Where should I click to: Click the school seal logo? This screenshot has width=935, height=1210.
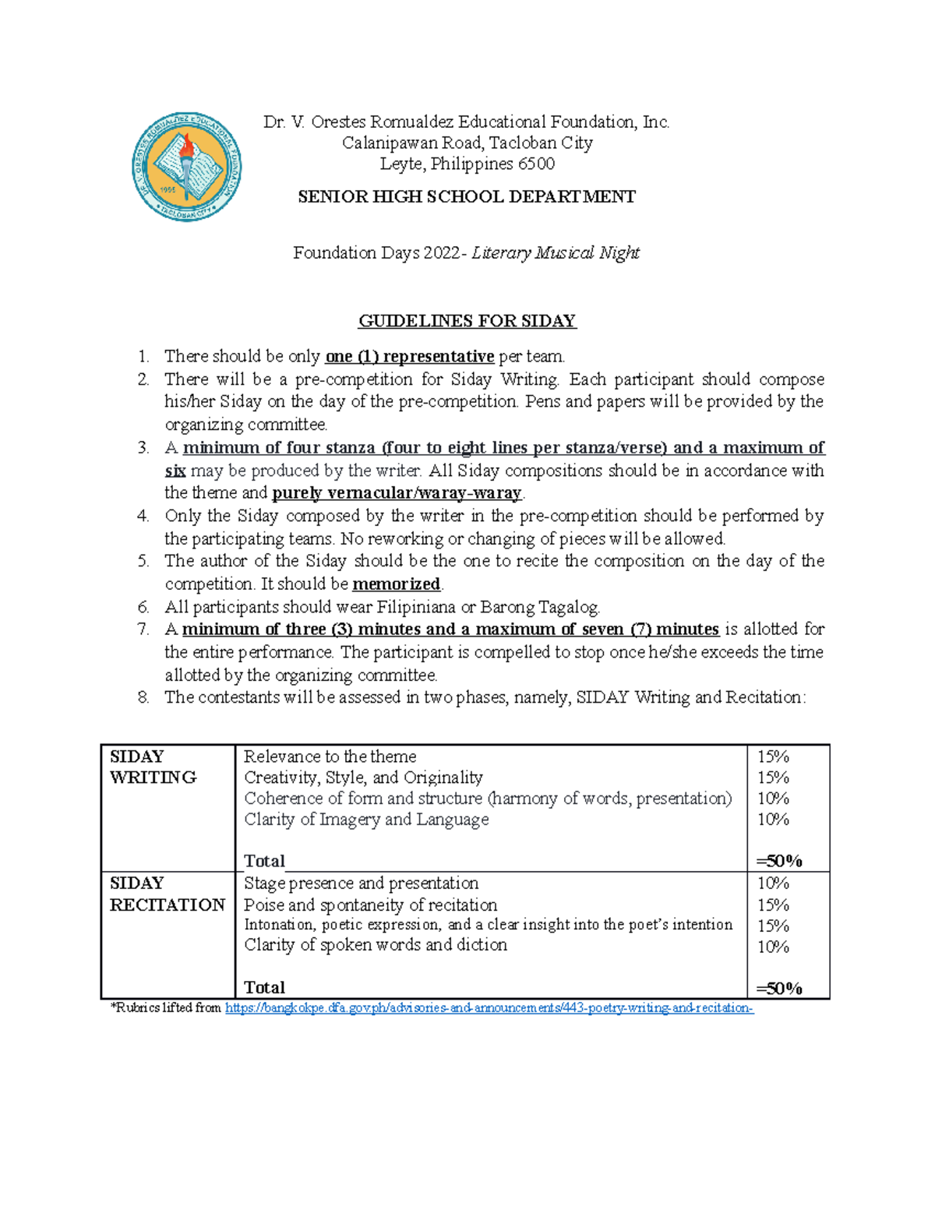186,167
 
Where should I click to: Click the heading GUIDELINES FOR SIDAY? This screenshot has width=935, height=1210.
467,321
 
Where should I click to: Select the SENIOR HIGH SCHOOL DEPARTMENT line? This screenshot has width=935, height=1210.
467,197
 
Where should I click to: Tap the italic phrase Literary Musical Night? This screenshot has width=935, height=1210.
556,253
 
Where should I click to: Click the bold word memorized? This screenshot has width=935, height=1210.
397,584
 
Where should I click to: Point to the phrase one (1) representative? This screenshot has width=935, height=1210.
410,357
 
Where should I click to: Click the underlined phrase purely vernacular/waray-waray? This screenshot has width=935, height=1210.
397,493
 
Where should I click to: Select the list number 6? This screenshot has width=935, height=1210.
143,607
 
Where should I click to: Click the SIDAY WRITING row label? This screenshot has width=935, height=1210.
153,767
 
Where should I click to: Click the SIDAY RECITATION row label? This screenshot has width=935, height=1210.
167,894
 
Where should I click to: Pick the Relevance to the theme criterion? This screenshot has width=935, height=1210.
330,757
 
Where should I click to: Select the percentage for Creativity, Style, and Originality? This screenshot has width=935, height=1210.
773,778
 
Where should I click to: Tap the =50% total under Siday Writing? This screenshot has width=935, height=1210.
779,861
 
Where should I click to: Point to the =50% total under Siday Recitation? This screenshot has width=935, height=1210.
779,989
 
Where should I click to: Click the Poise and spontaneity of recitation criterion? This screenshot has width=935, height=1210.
370,905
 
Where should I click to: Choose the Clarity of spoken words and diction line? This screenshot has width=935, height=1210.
375,945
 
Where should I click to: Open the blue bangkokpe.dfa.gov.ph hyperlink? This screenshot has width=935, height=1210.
489,1008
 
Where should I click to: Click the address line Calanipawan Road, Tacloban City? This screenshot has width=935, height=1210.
467,143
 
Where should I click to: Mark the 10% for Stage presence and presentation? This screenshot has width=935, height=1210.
773,884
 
